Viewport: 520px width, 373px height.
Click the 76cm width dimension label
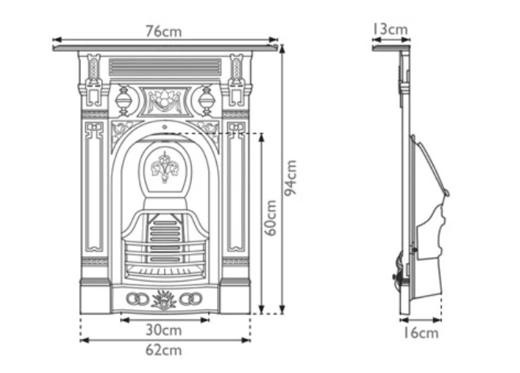(165, 31)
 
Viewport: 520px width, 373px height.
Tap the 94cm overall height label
(292, 178)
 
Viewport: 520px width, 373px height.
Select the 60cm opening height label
(271, 218)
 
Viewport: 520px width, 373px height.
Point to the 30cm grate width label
(165, 330)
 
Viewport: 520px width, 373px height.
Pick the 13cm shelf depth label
(391, 29)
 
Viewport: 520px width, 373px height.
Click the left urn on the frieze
(123, 101)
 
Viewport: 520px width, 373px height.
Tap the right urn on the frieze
(207, 101)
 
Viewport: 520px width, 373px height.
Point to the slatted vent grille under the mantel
(165, 66)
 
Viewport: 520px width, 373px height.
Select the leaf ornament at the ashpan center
(165, 299)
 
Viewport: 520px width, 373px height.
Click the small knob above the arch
(165, 125)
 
